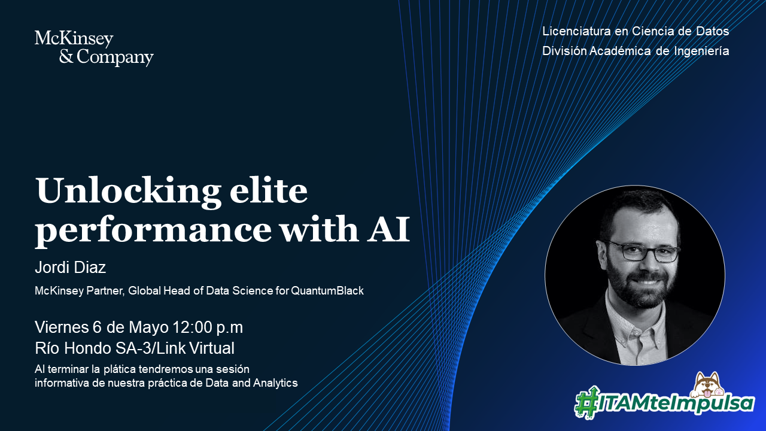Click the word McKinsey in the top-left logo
[74, 39]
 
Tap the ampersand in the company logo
[66, 56]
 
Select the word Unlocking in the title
[128, 192]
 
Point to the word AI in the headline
[388, 229]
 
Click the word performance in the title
[153, 232]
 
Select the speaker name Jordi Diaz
[71, 267]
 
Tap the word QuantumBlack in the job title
[327, 291]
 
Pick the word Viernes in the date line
[62, 327]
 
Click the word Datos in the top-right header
[713, 31]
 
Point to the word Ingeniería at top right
[702, 51]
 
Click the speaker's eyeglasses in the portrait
[643, 251]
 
